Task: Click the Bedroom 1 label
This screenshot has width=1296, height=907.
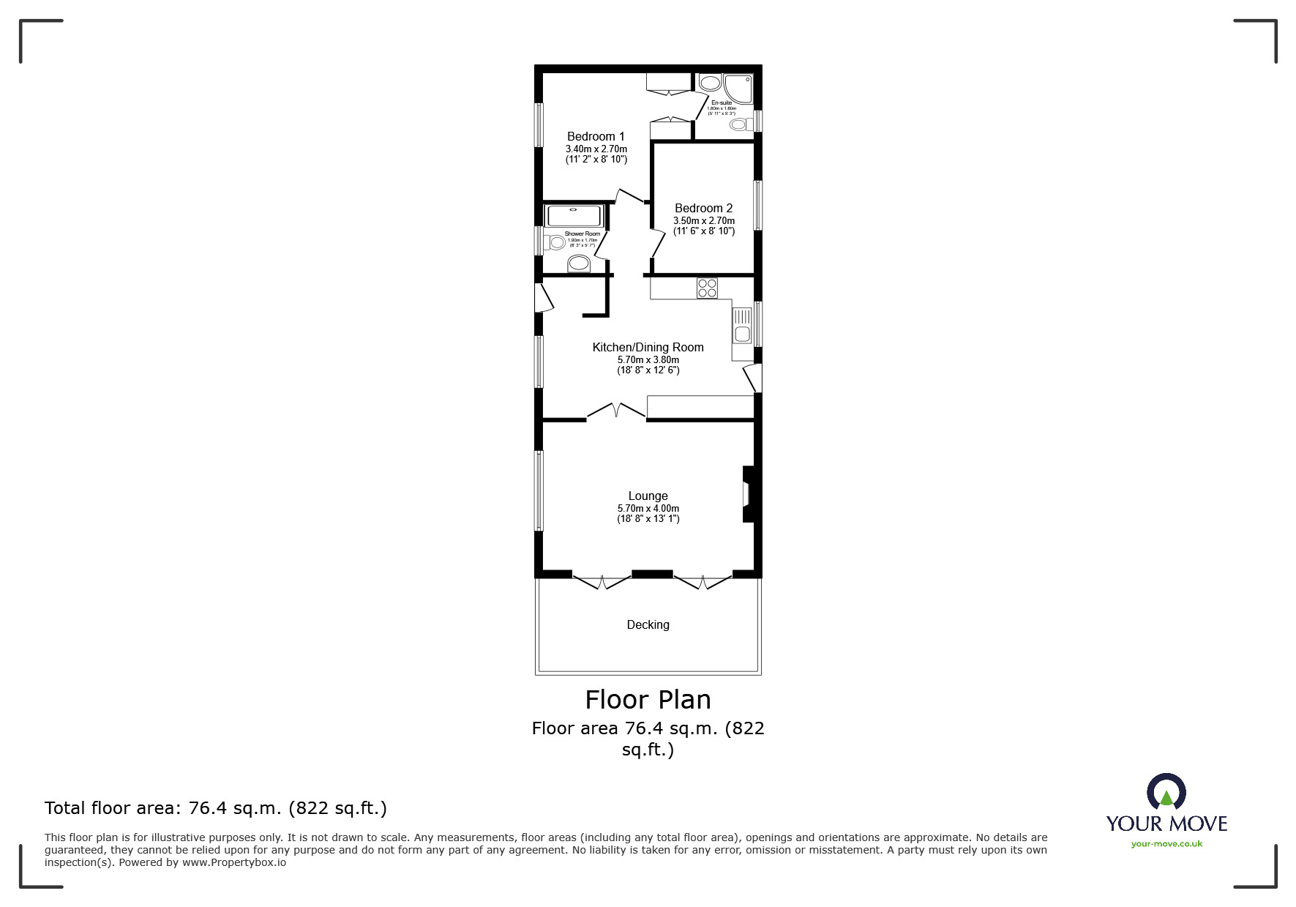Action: pos(596,136)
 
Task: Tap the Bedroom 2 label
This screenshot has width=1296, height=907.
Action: pos(703,209)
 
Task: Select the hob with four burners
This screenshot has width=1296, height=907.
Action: pos(707,288)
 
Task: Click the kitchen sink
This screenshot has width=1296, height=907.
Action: pos(741,326)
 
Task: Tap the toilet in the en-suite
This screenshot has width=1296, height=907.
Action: pos(740,125)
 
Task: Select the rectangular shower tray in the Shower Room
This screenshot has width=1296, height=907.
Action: pos(574,216)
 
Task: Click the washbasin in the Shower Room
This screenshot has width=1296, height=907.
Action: pos(579,264)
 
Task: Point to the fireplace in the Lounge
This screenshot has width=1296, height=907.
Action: pos(748,494)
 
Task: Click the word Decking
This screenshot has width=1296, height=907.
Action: pos(648,624)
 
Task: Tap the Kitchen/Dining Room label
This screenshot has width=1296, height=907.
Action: pos(648,348)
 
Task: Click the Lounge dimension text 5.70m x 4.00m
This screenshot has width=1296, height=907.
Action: pos(648,508)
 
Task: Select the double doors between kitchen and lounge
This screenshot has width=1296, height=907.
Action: pos(616,411)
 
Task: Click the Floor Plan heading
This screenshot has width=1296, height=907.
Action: pos(648,700)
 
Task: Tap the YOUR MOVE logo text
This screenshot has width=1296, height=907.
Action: pos(1166,824)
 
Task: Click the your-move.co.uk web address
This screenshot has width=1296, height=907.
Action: pos(1166,844)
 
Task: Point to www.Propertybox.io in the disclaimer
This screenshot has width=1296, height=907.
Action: pos(233,862)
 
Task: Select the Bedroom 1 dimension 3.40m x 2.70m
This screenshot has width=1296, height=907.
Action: pos(596,149)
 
